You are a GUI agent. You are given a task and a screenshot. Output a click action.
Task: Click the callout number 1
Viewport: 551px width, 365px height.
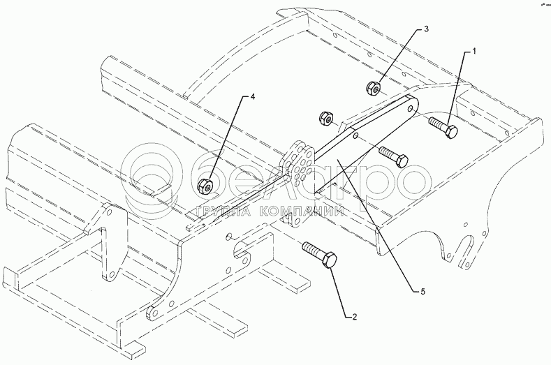point(473,52)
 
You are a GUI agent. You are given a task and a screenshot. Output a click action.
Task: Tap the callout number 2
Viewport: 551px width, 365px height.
point(354,317)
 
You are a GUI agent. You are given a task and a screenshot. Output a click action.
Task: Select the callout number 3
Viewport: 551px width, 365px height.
point(426,29)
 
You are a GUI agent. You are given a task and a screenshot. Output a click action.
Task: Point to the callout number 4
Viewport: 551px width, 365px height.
point(252,97)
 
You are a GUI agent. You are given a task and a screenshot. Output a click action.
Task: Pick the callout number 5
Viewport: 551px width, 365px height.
point(423,291)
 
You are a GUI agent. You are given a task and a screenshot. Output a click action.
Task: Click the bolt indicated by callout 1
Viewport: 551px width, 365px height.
point(443,128)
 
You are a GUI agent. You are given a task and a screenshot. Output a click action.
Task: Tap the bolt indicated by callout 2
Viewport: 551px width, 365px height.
point(320,255)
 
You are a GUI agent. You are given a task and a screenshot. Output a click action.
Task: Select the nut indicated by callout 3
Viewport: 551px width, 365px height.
point(373,88)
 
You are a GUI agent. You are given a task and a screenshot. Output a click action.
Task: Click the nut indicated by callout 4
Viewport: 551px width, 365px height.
point(205,186)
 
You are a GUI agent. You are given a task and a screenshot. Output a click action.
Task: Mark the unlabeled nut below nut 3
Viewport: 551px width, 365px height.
point(326,119)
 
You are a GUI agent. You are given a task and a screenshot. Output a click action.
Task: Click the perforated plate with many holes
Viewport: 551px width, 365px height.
point(297,165)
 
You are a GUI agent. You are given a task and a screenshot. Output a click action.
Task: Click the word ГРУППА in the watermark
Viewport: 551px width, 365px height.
point(222,211)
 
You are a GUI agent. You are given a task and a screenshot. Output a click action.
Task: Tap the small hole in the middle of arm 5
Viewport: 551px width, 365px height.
point(355,135)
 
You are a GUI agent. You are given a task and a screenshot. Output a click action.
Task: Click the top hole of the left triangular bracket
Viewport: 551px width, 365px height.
point(110,212)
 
